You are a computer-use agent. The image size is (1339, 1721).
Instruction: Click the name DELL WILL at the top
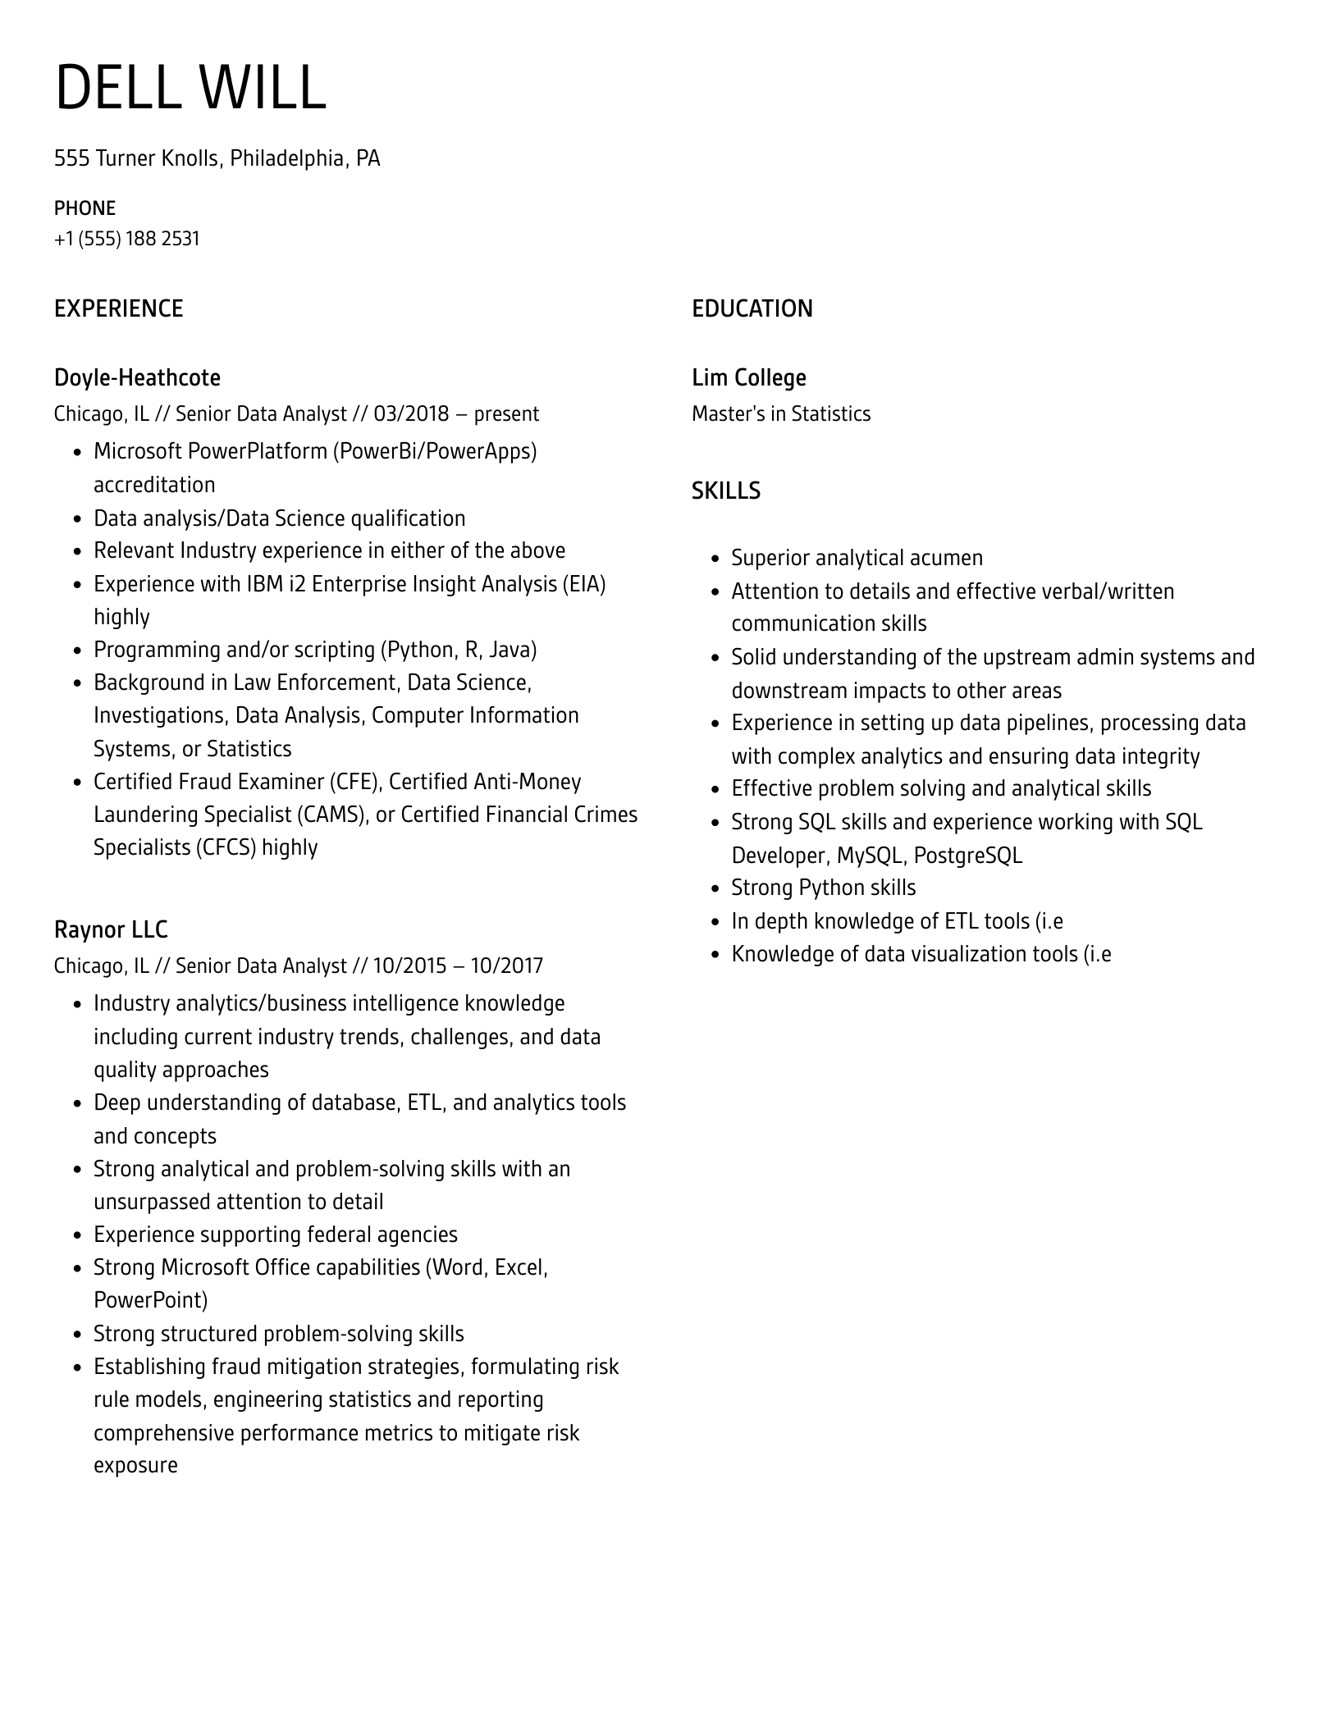point(190,88)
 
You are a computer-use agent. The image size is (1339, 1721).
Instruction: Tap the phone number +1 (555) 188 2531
point(126,239)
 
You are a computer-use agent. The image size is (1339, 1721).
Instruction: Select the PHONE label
point(85,208)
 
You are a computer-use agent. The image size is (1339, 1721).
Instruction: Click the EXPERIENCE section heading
point(118,308)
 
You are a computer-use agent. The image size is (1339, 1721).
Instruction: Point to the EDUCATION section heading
point(752,308)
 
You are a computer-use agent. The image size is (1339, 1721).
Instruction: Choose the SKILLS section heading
point(725,491)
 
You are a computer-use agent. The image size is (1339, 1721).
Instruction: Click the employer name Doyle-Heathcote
point(137,377)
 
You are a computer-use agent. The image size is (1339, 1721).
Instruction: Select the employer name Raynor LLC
point(111,929)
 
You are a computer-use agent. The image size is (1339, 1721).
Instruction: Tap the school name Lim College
point(748,377)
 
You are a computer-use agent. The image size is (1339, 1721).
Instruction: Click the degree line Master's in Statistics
point(780,413)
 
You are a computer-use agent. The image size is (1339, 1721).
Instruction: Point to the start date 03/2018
point(411,413)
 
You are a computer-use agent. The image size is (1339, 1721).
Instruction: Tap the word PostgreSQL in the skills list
point(967,856)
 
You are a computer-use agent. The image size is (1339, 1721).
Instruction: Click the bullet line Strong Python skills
point(823,888)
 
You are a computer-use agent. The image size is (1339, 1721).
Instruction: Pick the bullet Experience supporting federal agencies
point(275,1235)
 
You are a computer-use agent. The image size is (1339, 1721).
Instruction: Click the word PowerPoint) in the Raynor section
point(150,1300)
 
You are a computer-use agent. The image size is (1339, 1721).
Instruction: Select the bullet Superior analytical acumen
point(857,558)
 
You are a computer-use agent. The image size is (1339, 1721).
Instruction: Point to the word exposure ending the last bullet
point(135,1466)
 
